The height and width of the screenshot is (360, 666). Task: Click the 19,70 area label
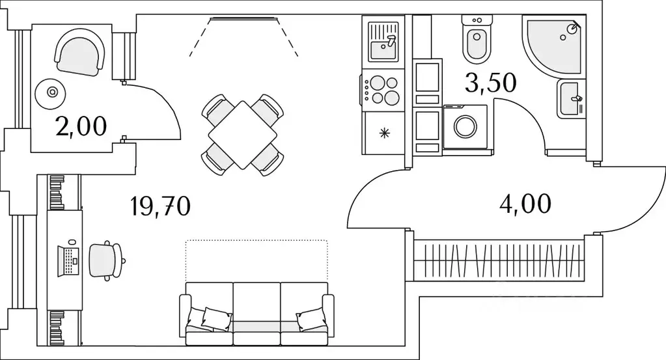160,206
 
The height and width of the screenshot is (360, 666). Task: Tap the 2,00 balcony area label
81,126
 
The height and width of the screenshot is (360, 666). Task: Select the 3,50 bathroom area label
490,83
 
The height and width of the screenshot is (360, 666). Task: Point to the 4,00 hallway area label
525,203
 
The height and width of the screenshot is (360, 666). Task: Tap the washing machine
466,126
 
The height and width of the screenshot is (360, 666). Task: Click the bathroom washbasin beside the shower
571,99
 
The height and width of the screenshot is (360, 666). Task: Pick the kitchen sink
383,41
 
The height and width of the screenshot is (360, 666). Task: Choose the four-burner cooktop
382,90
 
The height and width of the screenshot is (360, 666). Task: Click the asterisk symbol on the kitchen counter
385,133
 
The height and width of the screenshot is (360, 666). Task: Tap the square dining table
242,135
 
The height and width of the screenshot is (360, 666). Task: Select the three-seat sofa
257,313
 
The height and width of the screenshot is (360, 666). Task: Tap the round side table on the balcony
50,93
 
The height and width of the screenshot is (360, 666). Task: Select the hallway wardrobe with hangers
500,258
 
